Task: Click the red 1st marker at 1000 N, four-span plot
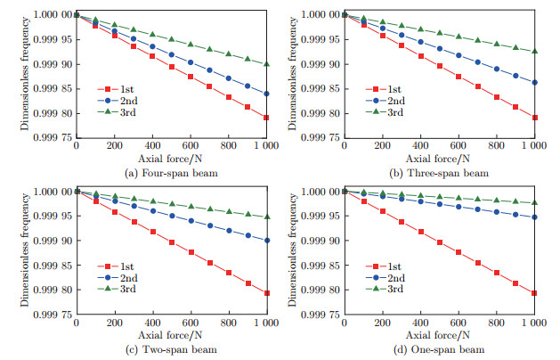point(266,118)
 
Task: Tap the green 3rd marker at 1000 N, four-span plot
point(266,64)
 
